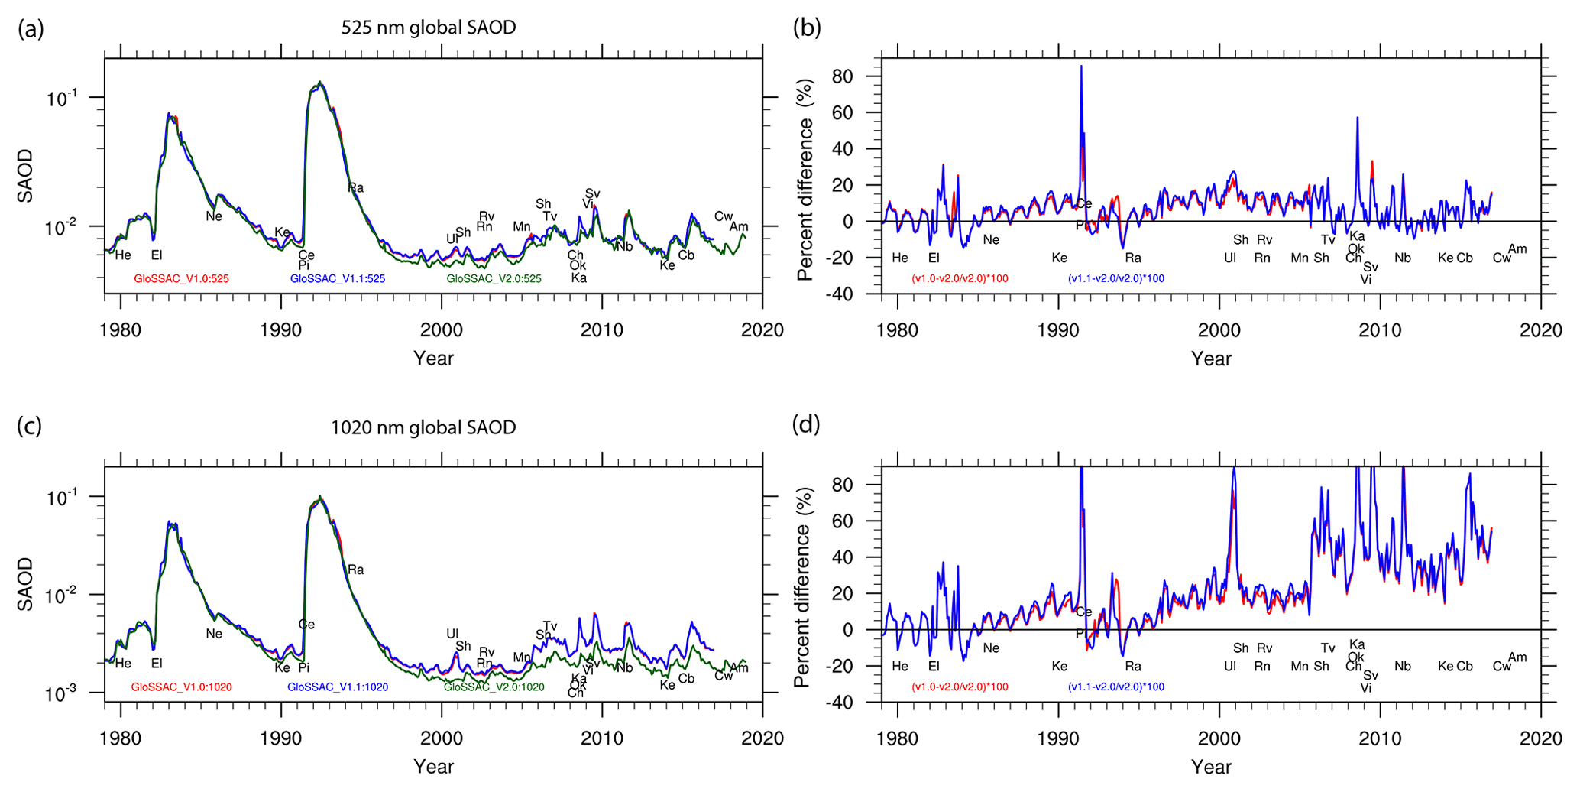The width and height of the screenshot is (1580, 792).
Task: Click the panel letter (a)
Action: pyautogui.click(x=31, y=30)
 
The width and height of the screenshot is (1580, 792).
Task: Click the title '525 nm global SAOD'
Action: pyautogui.click(x=428, y=28)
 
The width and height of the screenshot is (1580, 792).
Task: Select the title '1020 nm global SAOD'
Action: pyautogui.click(x=423, y=427)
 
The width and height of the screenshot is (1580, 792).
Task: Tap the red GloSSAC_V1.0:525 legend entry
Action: pyautogui.click(x=181, y=279)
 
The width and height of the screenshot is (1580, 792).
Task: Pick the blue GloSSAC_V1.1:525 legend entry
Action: pyautogui.click(x=337, y=279)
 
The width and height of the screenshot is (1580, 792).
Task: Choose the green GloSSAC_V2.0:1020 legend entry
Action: pyautogui.click(x=494, y=687)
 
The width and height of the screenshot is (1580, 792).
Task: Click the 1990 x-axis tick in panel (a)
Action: pyautogui.click(x=281, y=330)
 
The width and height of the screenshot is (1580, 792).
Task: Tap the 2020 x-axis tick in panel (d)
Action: pyautogui.click(x=1540, y=738)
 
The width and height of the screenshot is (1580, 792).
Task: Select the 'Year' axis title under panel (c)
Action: pyautogui.click(x=433, y=767)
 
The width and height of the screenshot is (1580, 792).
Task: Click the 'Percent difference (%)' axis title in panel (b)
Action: pyautogui.click(x=805, y=180)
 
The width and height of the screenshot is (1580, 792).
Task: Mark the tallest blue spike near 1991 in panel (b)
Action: pyautogui.click(x=1081, y=67)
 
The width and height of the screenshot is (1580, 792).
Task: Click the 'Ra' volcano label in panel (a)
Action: pyautogui.click(x=356, y=188)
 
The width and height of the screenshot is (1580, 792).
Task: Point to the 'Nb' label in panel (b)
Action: pyautogui.click(x=1403, y=258)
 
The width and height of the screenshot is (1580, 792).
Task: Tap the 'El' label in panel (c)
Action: pyautogui.click(x=157, y=664)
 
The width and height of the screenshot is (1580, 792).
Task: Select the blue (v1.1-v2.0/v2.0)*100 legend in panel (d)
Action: pyautogui.click(x=1116, y=687)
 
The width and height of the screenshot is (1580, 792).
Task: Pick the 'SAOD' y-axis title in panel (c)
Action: pyautogui.click(x=26, y=584)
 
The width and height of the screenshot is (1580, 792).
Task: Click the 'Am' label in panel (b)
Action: pyautogui.click(x=1517, y=249)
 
